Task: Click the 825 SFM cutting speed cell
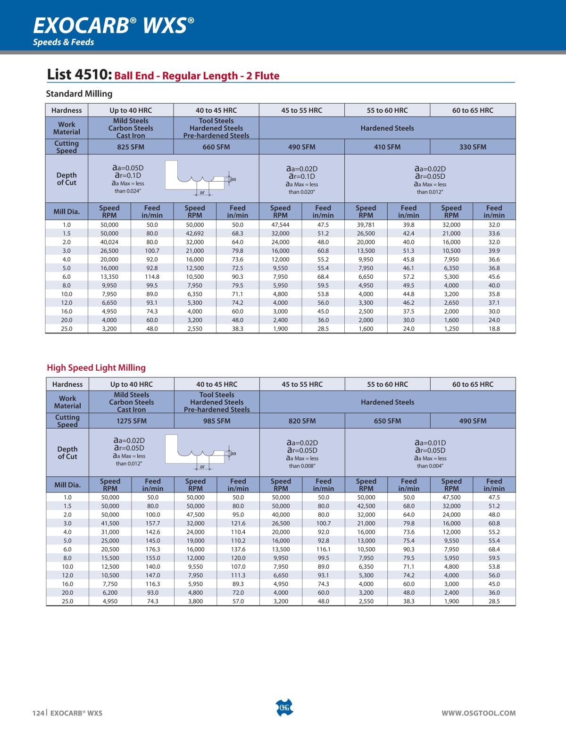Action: pos(131,147)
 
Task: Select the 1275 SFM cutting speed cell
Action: pos(132,421)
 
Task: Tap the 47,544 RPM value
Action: pos(280,225)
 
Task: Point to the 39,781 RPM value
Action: pos(366,225)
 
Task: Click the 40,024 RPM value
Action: pos(109,242)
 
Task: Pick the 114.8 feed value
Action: pos(152,277)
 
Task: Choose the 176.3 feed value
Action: pos(153,549)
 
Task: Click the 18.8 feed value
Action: pos(494,329)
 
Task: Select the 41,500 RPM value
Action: pos(110,524)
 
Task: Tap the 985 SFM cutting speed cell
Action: pos(217,421)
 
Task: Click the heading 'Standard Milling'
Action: pos(79,93)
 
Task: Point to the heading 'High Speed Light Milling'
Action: pos(96,367)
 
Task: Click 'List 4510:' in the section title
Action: pos(79,75)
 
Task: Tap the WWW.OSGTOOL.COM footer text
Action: pos(478,713)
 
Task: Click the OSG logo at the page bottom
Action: pos(283,707)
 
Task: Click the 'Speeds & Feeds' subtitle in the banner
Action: pos(63,42)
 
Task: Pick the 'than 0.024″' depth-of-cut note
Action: pos(128,191)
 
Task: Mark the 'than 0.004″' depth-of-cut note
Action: pos(430,466)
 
